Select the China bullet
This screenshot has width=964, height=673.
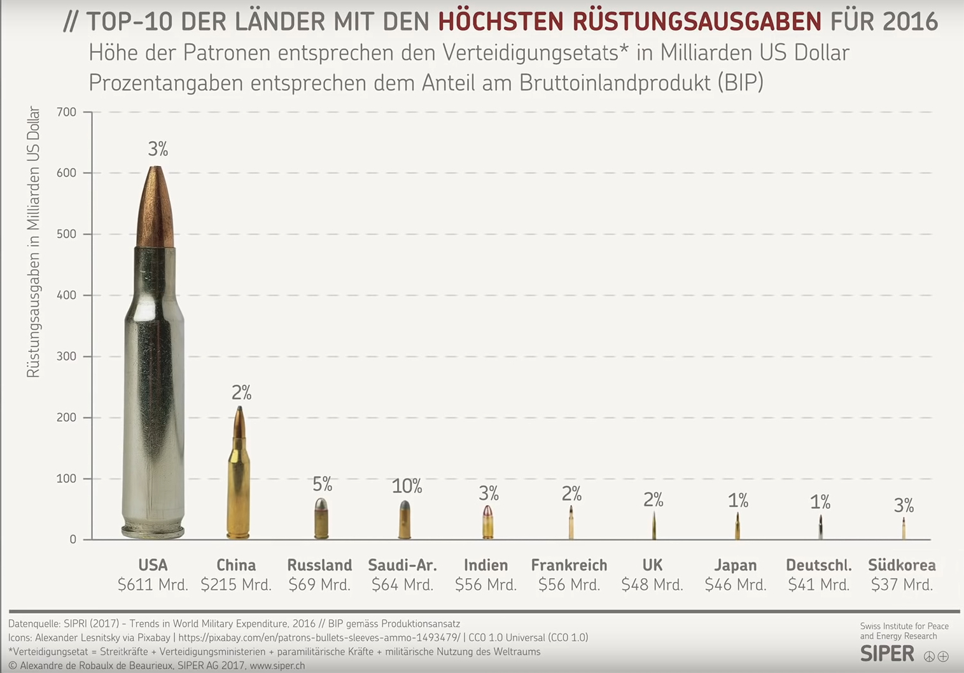239,474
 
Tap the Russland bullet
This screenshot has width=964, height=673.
321,518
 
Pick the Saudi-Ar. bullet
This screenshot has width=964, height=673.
405,520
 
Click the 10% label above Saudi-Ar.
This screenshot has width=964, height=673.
407,487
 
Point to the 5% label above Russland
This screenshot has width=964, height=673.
322,485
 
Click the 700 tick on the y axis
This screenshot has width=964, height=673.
66,113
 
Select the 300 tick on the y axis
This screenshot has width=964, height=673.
66,357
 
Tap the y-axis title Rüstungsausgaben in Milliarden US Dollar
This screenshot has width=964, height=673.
33,242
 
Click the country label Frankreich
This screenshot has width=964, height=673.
569,565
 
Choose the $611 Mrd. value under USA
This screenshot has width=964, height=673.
153,585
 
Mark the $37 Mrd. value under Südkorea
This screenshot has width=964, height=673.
902,585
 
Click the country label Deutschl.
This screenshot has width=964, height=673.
818,565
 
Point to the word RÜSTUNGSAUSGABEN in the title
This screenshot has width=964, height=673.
697,22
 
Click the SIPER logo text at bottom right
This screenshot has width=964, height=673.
887,654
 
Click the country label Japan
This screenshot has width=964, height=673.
736,565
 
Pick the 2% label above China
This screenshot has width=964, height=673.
241,393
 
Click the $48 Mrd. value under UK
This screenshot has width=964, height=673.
652,585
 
